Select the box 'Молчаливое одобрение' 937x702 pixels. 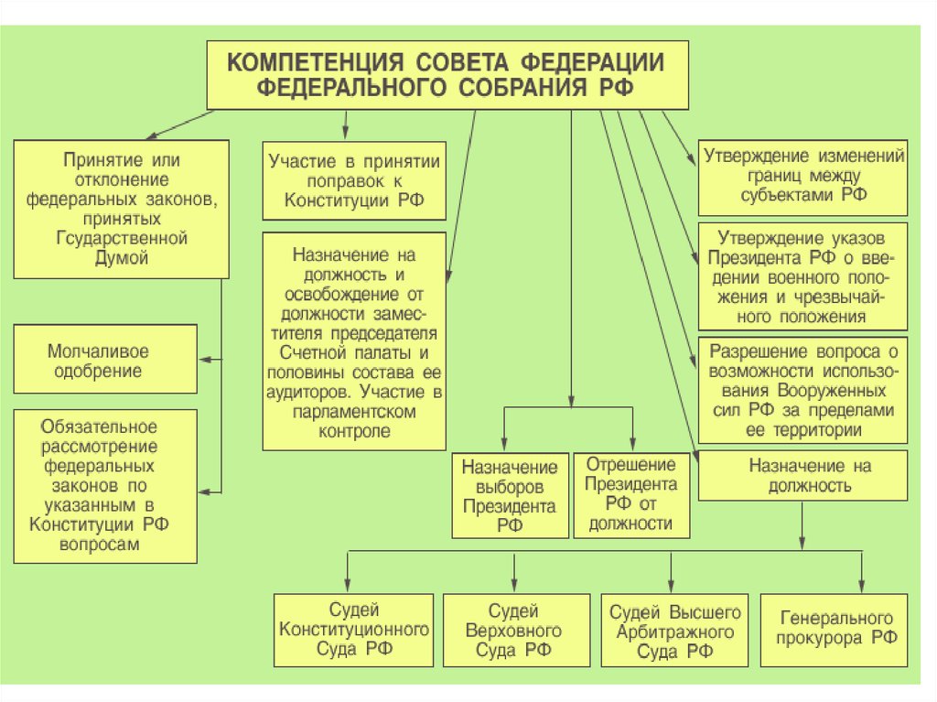click(x=107, y=361)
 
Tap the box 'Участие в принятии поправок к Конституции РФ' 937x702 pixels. click(x=354, y=181)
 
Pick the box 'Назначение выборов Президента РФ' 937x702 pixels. click(x=510, y=494)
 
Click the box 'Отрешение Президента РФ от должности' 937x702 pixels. click(x=631, y=494)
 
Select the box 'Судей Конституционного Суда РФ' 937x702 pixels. click(x=354, y=630)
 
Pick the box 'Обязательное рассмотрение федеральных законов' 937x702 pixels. click(x=107, y=485)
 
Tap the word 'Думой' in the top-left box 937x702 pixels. click(x=121, y=258)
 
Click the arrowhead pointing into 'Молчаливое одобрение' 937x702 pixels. click(x=205, y=361)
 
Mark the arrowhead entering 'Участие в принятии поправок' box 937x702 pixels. click(x=345, y=135)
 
